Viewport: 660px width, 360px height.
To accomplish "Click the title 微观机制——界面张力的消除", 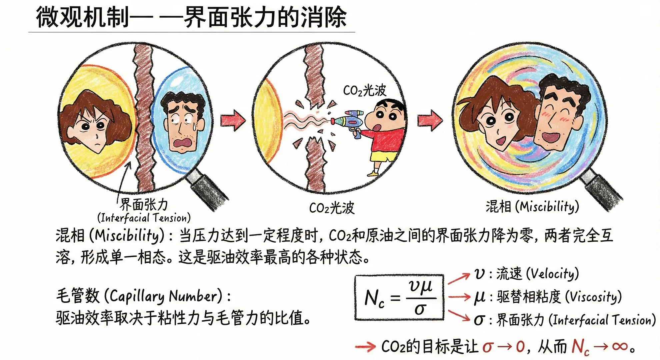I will (191, 17).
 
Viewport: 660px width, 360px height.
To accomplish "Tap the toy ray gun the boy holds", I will (350, 120).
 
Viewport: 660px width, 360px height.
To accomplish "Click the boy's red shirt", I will (387, 140).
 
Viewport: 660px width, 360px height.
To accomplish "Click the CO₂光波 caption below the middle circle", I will (332, 208).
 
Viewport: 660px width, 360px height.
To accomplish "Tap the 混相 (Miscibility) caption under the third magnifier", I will (532, 207).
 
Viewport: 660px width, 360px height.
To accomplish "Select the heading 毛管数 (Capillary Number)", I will (143, 296).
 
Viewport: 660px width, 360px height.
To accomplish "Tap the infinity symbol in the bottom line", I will (620, 347).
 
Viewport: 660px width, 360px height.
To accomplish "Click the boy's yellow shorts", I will (383, 157).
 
